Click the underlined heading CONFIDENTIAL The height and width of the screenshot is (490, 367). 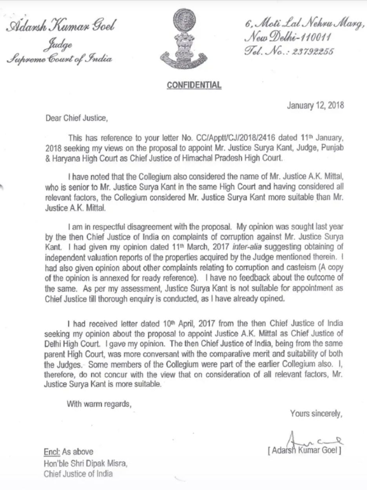tap(194, 85)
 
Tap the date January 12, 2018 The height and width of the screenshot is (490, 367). tap(315, 106)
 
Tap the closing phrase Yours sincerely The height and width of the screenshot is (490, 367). tap(316, 414)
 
